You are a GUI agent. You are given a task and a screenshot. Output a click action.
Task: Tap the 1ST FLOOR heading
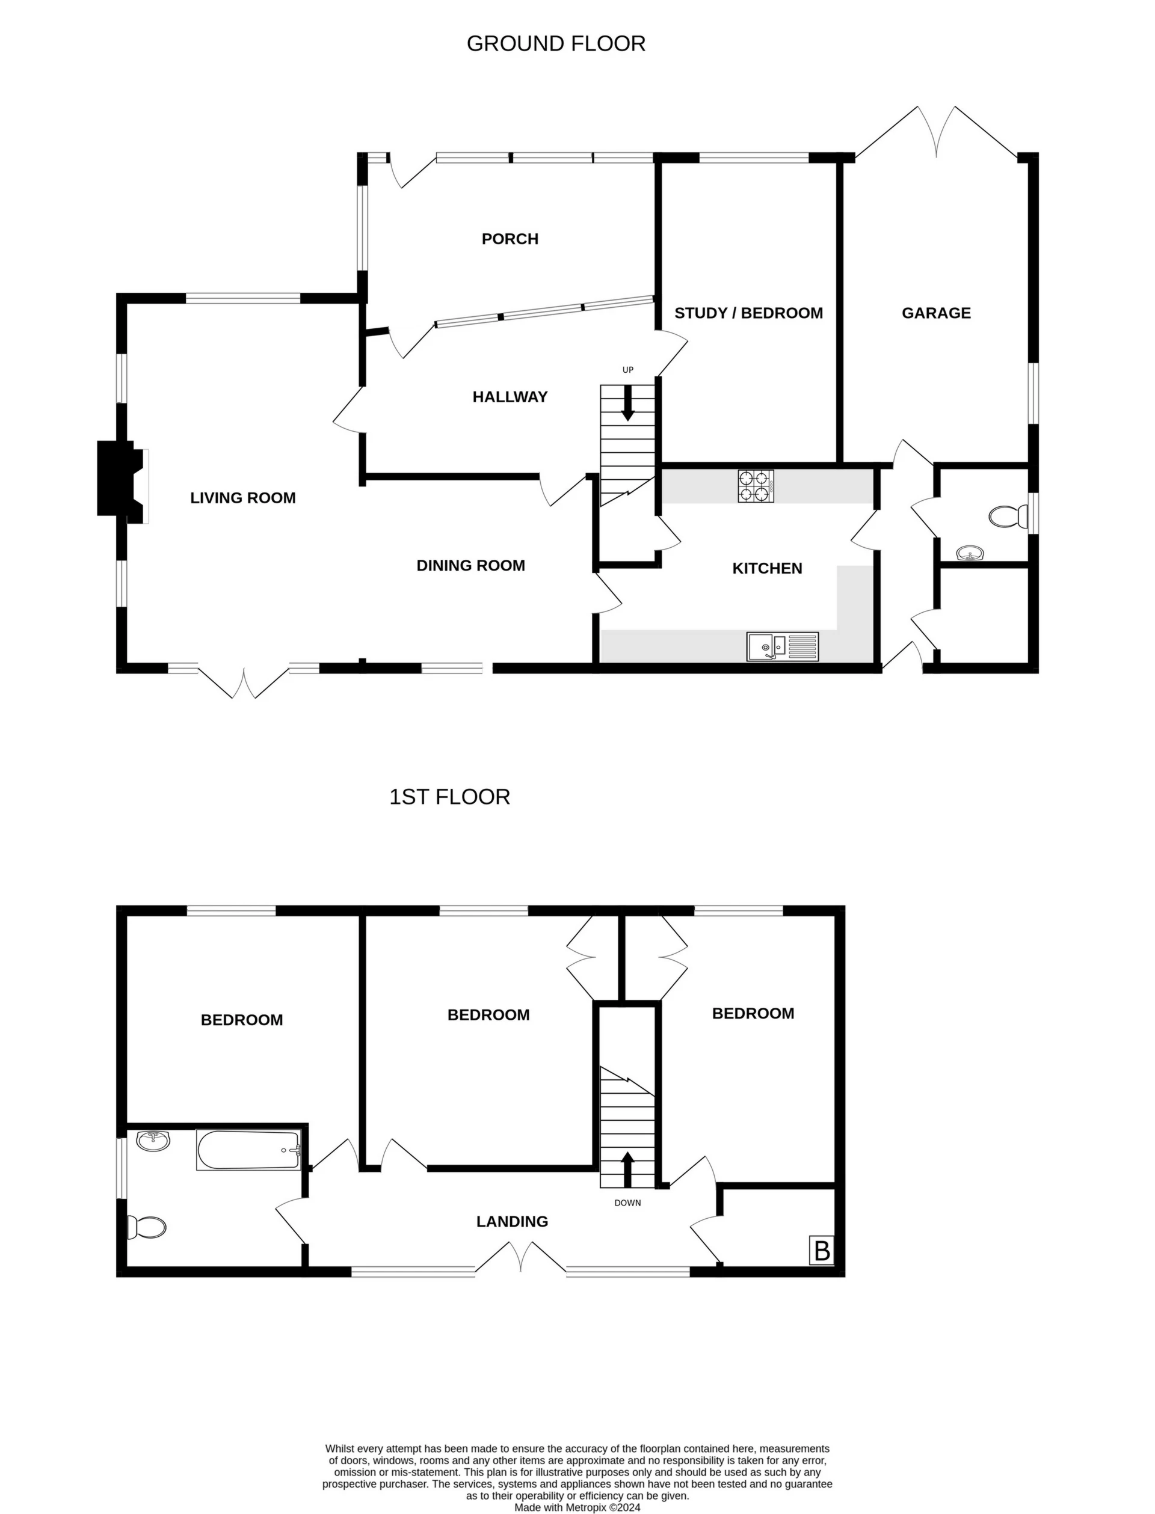point(449,797)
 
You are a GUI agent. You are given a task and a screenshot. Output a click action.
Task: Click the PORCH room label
point(510,239)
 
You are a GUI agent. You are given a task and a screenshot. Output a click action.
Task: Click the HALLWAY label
point(510,397)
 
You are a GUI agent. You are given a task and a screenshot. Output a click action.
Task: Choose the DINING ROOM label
point(470,566)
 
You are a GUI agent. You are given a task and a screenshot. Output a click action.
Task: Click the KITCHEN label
point(766,568)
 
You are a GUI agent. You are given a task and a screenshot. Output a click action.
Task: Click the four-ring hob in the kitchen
point(756,486)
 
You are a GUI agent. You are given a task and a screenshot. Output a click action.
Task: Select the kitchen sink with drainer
point(783,647)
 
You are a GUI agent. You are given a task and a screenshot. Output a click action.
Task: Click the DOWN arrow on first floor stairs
point(627,1169)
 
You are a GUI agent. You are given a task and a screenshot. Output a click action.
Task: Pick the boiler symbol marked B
point(822,1251)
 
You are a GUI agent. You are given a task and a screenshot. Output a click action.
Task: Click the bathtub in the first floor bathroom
point(248,1150)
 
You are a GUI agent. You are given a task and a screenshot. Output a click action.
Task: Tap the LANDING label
point(511,1222)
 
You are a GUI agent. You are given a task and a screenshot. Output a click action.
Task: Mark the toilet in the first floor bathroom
point(147,1227)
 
